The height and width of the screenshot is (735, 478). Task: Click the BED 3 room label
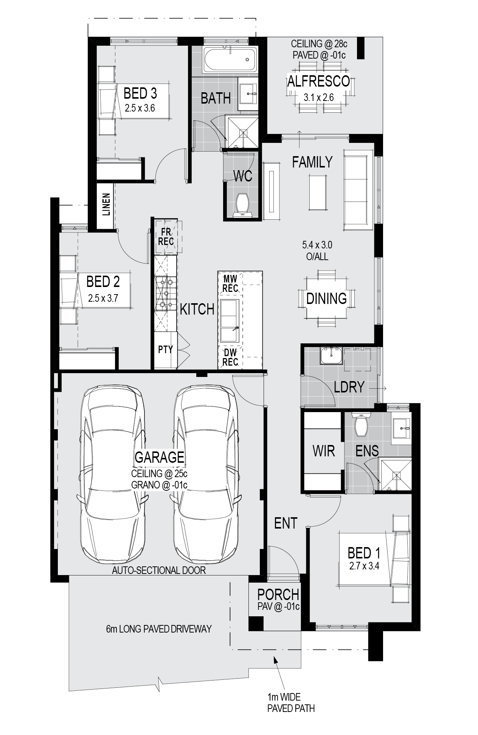[x=140, y=93]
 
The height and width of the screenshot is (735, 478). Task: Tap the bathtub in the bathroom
[x=230, y=59]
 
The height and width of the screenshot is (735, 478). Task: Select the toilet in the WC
[x=242, y=205]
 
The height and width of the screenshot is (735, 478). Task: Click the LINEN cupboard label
[x=106, y=205]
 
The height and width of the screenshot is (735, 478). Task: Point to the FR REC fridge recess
[x=166, y=237]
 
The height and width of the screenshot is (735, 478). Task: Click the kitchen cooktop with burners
[x=166, y=293]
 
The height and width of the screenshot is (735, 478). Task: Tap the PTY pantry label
[x=165, y=350]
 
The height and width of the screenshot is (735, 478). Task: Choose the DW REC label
[x=230, y=357]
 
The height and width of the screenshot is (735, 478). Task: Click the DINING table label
[x=326, y=299]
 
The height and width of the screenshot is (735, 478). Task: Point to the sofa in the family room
[x=358, y=190]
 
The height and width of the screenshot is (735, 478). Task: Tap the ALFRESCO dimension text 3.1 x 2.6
[x=319, y=98]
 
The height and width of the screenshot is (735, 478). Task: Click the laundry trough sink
[x=331, y=355]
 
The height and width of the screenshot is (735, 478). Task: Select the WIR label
[x=324, y=451]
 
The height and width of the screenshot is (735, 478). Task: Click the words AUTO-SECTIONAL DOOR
[x=159, y=570]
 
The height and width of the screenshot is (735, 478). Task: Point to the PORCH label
[x=278, y=594]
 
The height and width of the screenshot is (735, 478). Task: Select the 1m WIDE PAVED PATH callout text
[x=291, y=702]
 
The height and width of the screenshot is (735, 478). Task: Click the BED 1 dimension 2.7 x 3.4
[x=365, y=566]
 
